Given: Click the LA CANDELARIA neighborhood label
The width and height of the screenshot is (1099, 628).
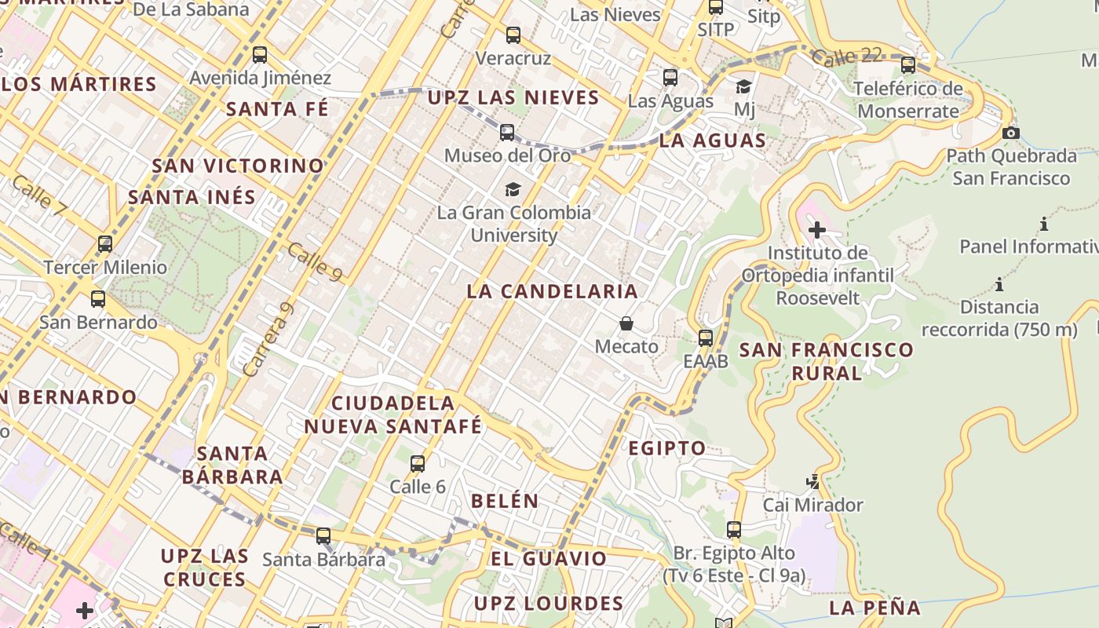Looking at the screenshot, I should tap(552, 291).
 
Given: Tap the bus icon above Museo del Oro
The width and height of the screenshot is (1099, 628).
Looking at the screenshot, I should tap(507, 132).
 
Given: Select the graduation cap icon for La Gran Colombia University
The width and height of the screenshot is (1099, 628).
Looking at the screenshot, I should tap(513, 189).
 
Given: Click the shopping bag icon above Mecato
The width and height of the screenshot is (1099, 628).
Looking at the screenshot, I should tap(626, 323).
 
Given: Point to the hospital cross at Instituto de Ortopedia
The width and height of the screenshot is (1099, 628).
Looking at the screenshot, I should tap(817, 230).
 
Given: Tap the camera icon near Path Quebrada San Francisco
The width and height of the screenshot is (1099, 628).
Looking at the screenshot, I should tap(1011, 133).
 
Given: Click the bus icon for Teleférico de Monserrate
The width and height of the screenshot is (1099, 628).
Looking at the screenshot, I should tap(908, 65).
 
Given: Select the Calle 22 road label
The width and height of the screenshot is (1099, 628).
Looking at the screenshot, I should tap(847, 57).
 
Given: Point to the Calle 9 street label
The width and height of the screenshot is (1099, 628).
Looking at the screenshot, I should tap(315, 261).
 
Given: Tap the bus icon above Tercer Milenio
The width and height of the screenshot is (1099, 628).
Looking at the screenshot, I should tap(105, 244).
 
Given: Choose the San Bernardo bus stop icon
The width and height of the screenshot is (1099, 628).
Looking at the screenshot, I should tap(98, 299).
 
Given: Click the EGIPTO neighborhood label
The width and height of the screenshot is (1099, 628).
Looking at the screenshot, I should tap(667, 448).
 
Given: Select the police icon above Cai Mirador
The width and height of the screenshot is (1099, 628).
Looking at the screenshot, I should tap(813, 481).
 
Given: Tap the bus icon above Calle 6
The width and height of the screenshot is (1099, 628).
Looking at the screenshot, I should tap(418, 464).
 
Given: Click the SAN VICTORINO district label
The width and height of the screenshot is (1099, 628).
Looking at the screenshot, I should tap(238, 166).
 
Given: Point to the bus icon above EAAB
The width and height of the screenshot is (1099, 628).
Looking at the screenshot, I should tap(706, 338).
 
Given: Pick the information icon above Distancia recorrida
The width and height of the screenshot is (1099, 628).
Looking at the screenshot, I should tap(999, 284).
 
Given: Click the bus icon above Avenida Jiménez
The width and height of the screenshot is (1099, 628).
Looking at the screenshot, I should tap(260, 55).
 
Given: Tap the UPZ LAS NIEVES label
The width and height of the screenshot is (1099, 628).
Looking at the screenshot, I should tap(513, 98).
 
